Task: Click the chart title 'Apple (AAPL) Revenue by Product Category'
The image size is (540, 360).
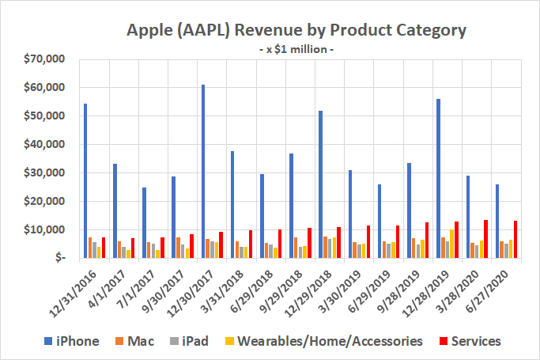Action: (x=296, y=31)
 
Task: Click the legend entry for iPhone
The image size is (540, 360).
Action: (x=78, y=341)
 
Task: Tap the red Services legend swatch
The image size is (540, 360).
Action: (x=444, y=342)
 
